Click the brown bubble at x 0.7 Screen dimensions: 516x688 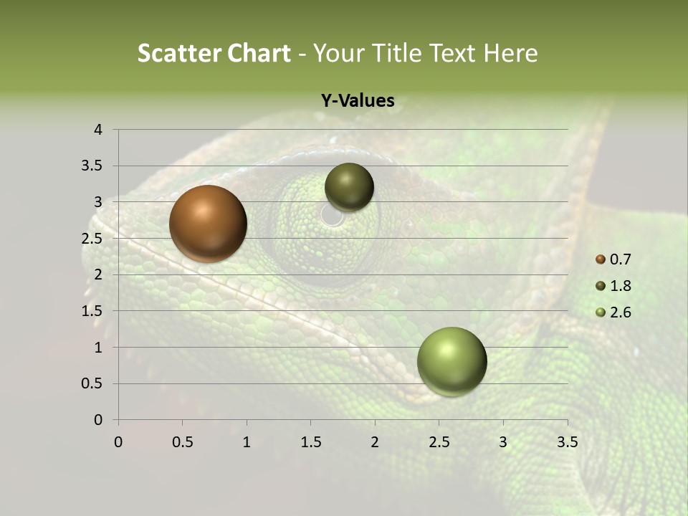tap(209, 224)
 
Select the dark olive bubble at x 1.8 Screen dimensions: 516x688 tap(349, 187)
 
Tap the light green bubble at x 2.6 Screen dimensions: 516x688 tap(451, 361)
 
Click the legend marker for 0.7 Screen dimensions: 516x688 tap(601, 259)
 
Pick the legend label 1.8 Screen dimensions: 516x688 tap(621, 286)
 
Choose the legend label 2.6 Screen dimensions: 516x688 tap(621, 312)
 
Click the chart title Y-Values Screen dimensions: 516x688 tap(358, 101)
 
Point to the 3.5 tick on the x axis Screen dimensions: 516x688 tap(568, 442)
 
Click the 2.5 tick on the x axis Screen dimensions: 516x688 tap(439, 442)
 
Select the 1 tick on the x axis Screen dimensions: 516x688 tap(247, 442)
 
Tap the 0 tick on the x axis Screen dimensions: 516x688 tap(118, 442)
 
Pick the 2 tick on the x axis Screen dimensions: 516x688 tap(375, 442)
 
